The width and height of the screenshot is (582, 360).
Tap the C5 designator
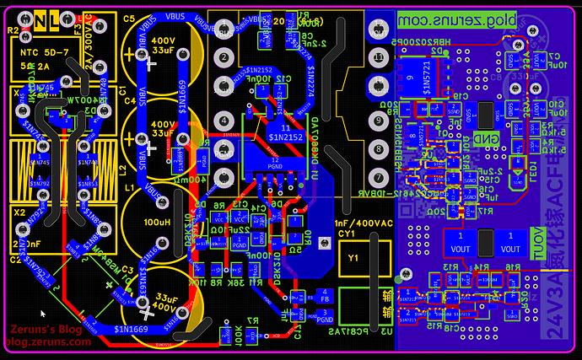pyautogui.click(x=129, y=18)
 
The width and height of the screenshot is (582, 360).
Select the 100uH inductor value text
pyautogui.click(x=158, y=223)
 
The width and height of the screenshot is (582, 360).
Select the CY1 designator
pyautogui.click(x=346, y=234)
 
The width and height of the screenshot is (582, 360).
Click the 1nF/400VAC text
pyautogui.click(x=364, y=223)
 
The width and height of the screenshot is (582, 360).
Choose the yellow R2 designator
pyautogui.click(x=13, y=30)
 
